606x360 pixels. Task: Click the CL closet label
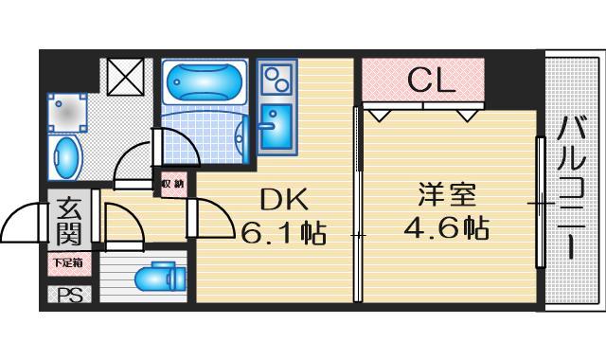[x=432, y=81]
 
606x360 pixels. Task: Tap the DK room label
[x=284, y=199]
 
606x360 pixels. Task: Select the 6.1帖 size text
[x=283, y=233]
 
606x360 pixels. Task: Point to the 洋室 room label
[x=446, y=194]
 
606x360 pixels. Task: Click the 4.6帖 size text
[x=446, y=227]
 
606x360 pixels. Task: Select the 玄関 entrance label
[x=69, y=222]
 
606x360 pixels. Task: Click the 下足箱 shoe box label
[x=68, y=263]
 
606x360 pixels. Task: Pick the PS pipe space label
[x=69, y=296]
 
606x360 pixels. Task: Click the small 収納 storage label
[x=172, y=185]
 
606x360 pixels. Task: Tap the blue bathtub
[x=205, y=81]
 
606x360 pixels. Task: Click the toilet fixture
[x=160, y=277]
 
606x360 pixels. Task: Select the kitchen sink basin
[x=276, y=126]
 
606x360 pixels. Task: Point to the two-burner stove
[x=276, y=80]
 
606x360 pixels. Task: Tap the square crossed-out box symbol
[x=125, y=77]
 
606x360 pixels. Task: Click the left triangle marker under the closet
[x=379, y=116]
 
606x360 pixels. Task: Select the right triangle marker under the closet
[x=468, y=116]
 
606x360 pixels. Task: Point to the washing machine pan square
[x=67, y=113]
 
